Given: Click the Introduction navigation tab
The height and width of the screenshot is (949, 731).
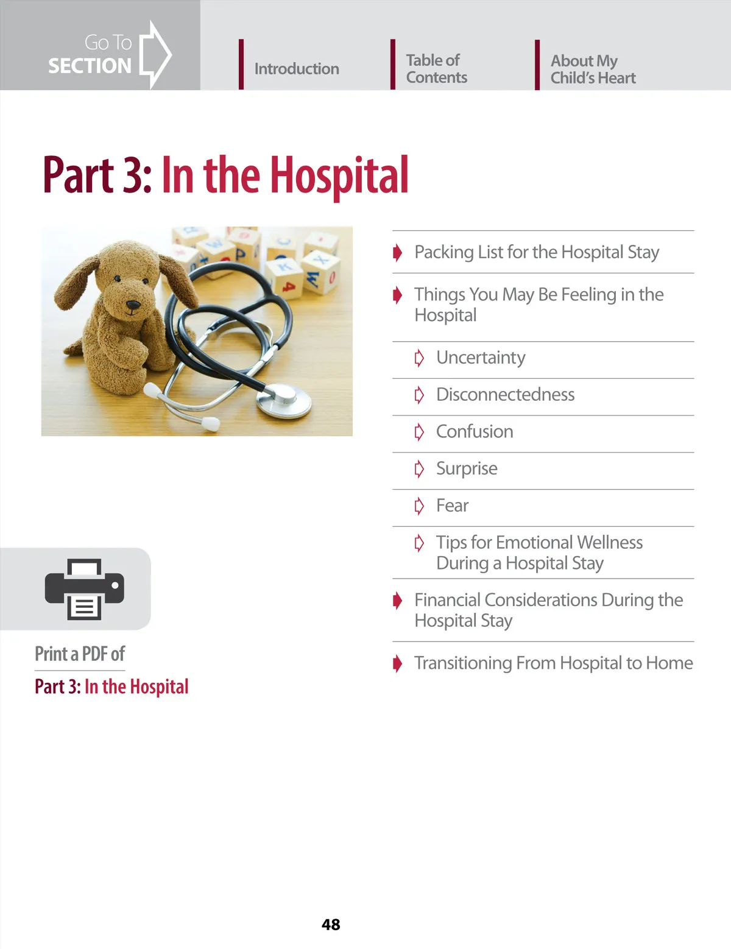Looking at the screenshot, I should click(296, 69).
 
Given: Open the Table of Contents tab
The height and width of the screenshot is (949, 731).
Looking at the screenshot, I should click(436, 69).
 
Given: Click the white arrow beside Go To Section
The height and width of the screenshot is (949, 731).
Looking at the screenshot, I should click(155, 54).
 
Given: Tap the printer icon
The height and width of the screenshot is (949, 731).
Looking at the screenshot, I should click(84, 589).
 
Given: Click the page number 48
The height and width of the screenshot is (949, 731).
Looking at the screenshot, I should click(331, 924).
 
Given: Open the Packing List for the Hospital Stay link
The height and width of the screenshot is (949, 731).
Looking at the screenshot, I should click(536, 252).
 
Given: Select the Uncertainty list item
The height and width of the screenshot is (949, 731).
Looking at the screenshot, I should click(481, 358).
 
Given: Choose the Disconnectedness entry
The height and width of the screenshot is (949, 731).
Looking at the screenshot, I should click(505, 395).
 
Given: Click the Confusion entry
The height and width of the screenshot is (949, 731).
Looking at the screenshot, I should click(475, 432).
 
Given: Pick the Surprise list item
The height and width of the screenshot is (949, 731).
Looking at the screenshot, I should click(467, 468).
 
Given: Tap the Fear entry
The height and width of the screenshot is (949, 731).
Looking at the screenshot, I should click(452, 506).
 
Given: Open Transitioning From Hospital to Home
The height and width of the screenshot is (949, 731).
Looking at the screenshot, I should click(553, 663).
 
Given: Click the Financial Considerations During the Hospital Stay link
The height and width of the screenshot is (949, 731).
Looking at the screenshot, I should click(548, 610).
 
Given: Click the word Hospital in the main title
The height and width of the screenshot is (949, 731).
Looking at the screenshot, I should click(339, 175).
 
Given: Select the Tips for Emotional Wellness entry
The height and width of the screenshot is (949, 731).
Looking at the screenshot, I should click(539, 552).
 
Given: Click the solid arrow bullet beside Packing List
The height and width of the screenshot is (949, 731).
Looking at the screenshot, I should click(398, 252).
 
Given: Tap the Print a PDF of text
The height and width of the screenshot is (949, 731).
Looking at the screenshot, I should click(80, 654).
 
